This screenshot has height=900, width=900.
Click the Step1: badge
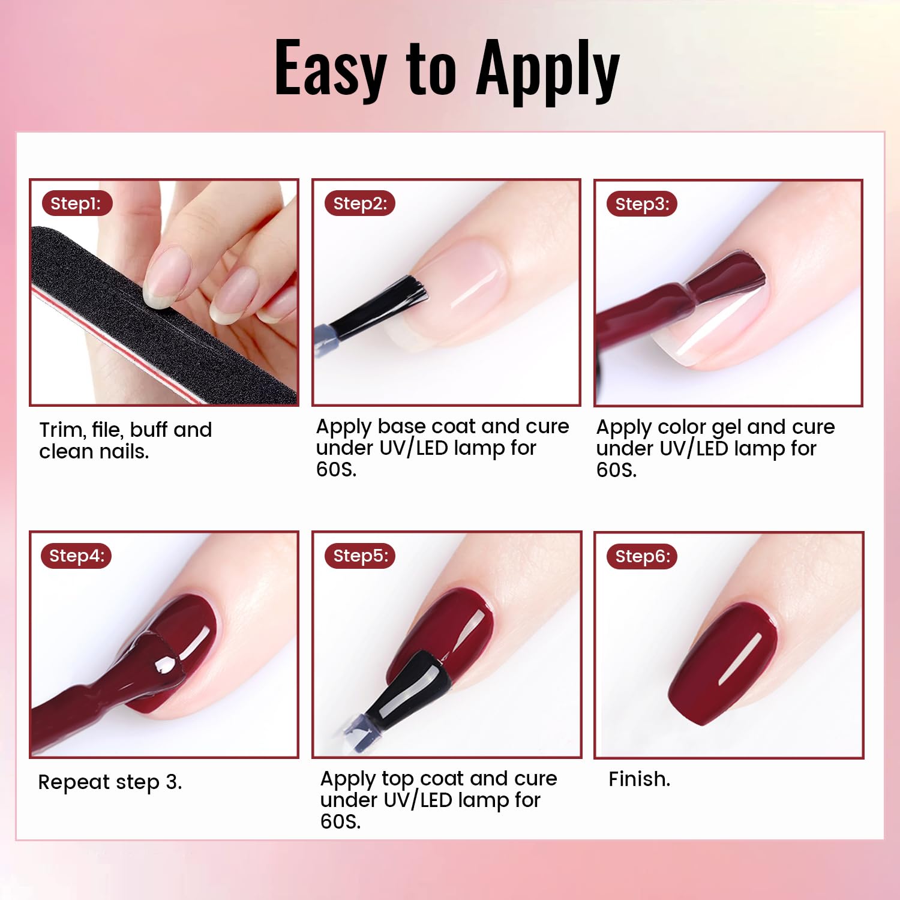[76, 203]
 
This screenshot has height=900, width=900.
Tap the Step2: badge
[360, 203]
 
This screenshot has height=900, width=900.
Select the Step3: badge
[642, 204]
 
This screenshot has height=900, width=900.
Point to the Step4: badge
[76, 556]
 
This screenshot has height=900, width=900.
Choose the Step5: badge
[360, 556]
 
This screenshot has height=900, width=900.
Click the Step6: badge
[642, 556]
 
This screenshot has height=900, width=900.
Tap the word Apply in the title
[547, 71]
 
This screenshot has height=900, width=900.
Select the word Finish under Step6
[638, 779]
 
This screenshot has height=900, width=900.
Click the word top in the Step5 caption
[398, 779]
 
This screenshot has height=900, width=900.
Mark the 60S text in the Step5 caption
[340, 821]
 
